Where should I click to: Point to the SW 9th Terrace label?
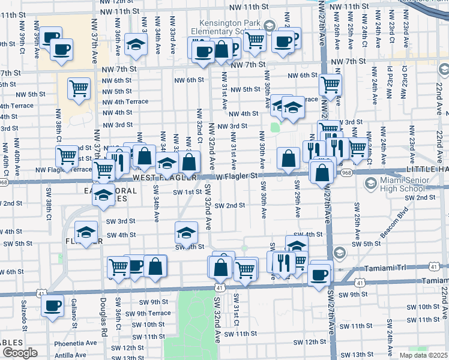[x=146, y=313]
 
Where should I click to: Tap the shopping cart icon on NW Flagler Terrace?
[x=67, y=156]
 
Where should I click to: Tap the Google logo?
[x=20, y=353]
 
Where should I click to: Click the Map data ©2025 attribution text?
[x=424, y=355]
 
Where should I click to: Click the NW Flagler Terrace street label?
[x=64, y=169]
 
